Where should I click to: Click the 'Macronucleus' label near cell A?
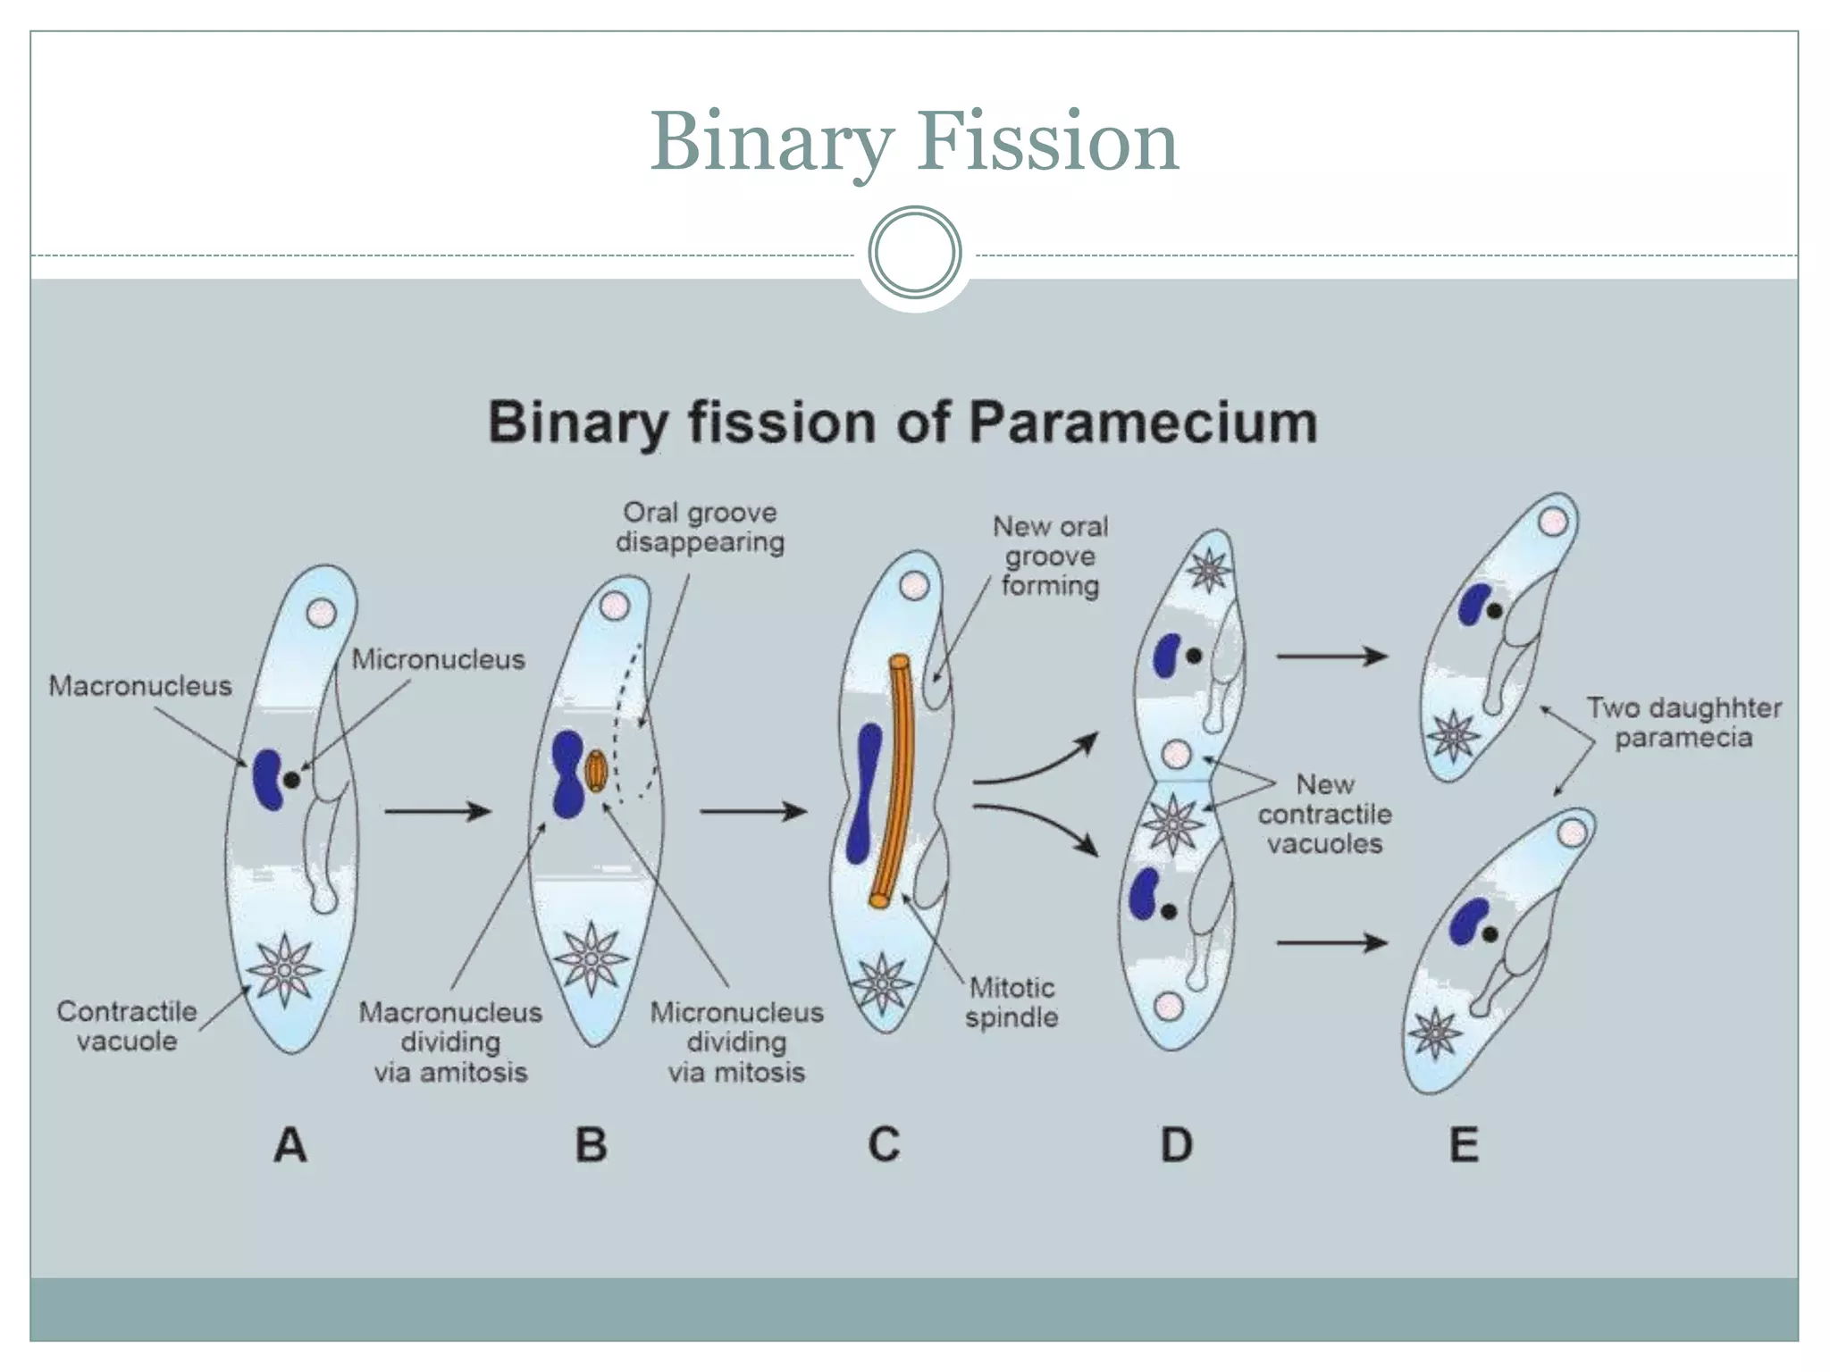tap(140, 686)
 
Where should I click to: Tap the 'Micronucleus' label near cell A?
tap(438, 659)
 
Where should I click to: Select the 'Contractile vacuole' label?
tap(127, 1025)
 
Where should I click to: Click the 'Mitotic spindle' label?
tap(1012, 1002)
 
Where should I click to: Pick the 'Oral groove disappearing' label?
tap(700, 527)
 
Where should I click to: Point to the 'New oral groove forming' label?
tap(1050, 556)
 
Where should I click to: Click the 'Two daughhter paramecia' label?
tap(1683, 723)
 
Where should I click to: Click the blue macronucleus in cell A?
tap(267, 780)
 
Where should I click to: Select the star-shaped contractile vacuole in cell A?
tap(284, 970)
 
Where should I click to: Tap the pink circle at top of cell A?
tap(321, 614)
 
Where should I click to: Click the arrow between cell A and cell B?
tap(438, 811)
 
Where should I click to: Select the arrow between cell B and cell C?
tap(753, 811)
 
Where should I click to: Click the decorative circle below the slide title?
tap(914, 253)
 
